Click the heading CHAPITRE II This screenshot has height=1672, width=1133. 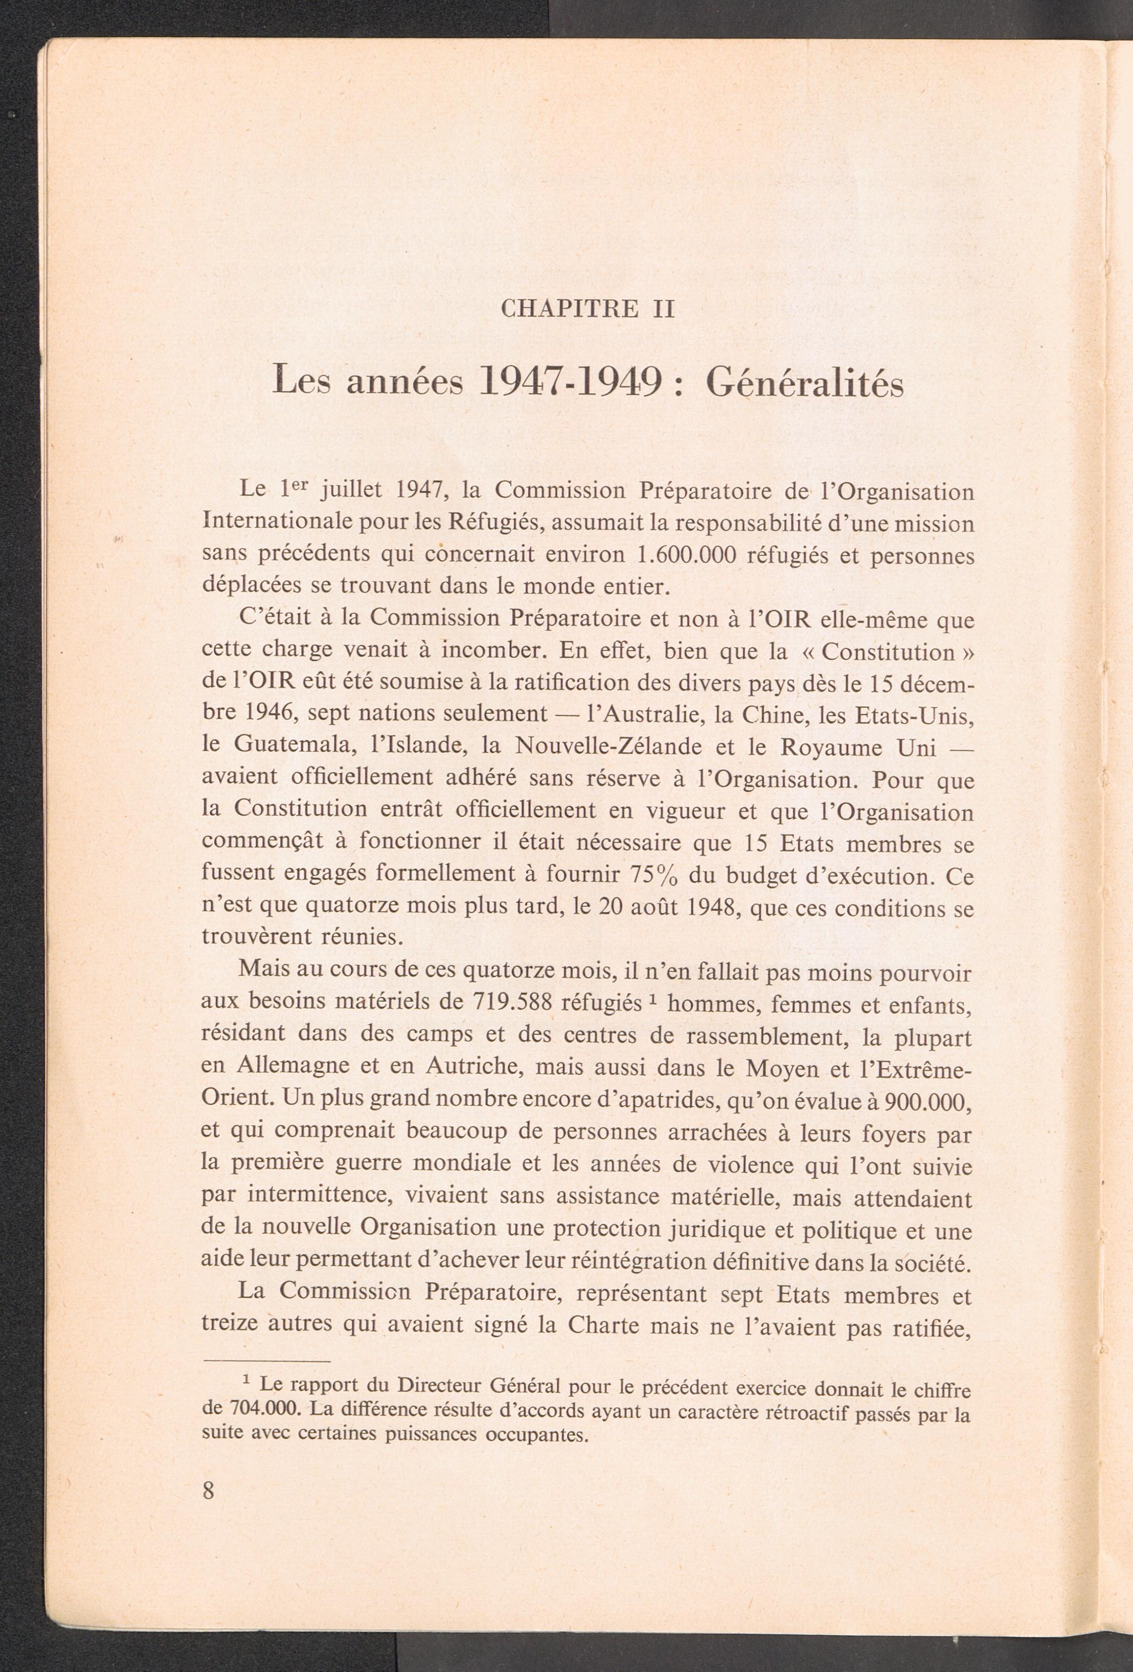point(587,309)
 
